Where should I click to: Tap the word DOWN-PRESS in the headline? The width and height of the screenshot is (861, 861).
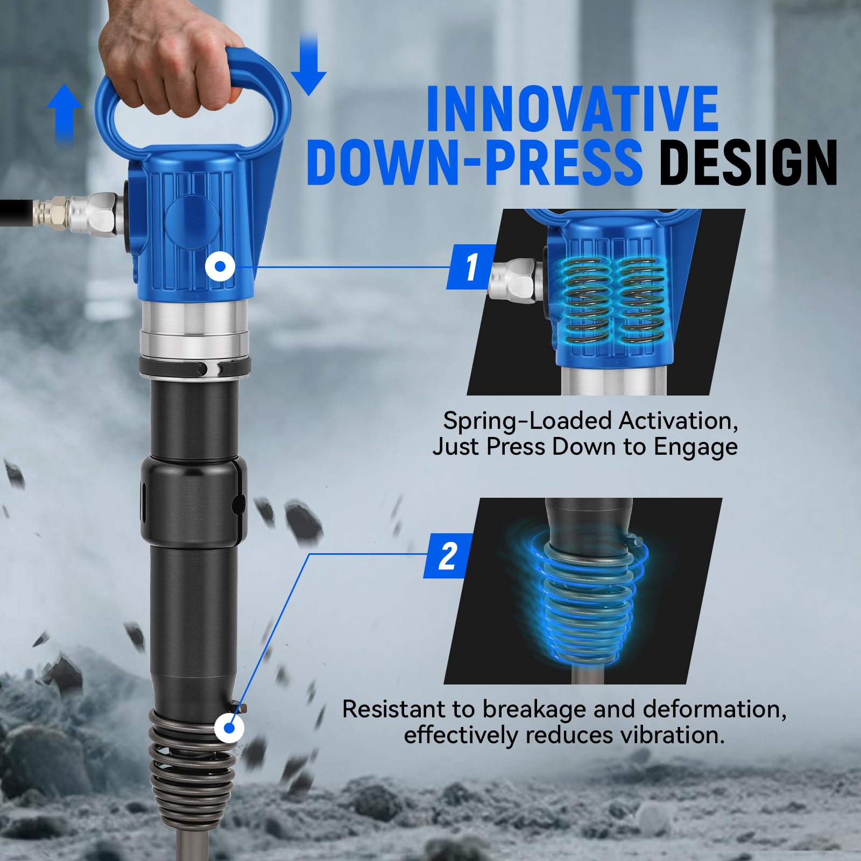tap(475, 161)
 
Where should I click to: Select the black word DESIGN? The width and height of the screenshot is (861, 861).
tap(749, 161)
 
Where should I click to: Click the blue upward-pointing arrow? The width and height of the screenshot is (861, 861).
tap(64, 114)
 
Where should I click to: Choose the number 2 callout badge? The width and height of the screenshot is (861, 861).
tap(448, 556)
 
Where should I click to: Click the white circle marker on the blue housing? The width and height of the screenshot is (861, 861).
tap(220, 266)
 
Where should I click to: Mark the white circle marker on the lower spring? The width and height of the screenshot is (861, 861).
tap(229, 729)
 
